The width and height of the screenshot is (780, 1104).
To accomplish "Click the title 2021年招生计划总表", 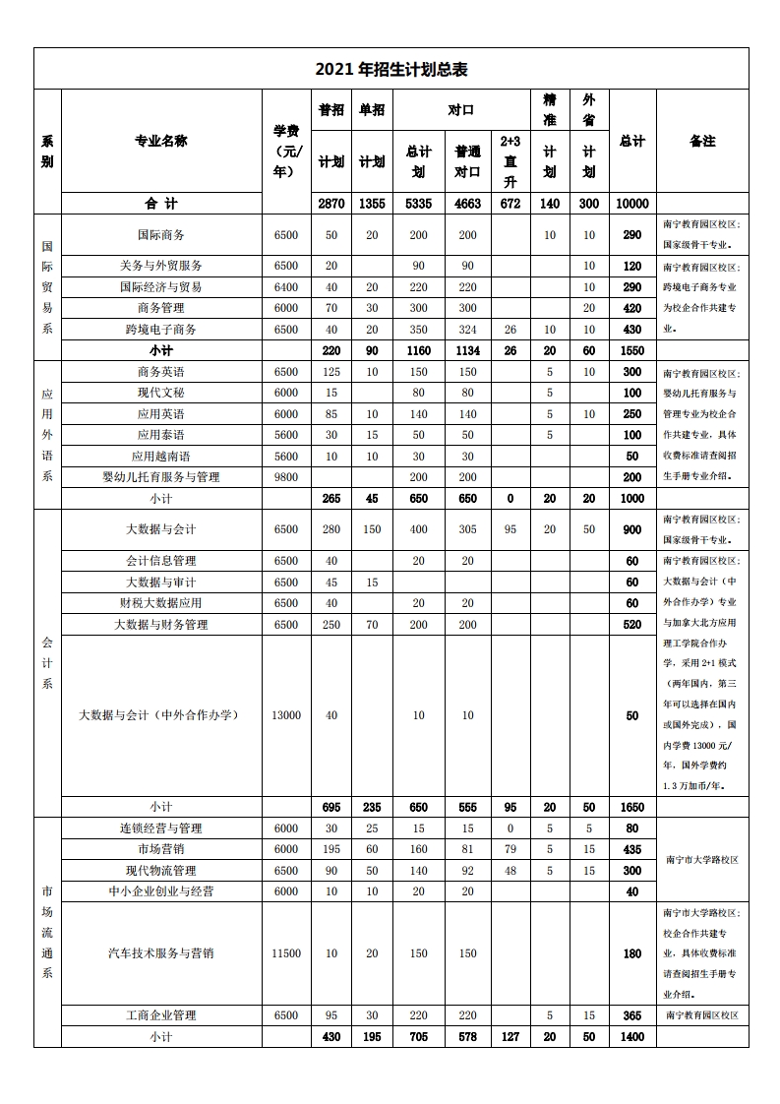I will [x=390, y=69].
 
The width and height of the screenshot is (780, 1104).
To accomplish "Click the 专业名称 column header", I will [x=161, y=141].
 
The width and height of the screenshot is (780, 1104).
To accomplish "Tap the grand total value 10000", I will [x=631, y=204].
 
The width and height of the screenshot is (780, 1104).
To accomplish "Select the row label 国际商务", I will [x=161, y=235].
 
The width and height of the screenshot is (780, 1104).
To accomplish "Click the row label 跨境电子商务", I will [x=161, y=330].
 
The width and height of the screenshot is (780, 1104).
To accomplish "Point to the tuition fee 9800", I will [x=285, y=477].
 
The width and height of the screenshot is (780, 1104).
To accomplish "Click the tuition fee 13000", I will [x=285, y=715].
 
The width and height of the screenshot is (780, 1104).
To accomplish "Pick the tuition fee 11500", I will [x=285, y=953].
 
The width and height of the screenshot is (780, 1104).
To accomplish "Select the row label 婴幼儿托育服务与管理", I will [x=161, y=477].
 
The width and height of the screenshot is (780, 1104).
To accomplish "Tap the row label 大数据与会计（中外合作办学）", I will [x=161, y=715].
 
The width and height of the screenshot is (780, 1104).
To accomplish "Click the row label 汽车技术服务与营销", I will [x=161, y=953].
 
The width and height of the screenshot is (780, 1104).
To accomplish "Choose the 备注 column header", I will [x=702, y=141].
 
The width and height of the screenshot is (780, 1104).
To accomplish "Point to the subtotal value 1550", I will [x=631, y=351].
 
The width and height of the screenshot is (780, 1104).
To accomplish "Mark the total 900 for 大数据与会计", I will [x=631, y=530].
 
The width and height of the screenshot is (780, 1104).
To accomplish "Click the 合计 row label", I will [x=161, y=204].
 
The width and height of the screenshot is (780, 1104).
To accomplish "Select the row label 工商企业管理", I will [x=161, y=1015].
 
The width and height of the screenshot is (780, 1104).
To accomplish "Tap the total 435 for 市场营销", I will [x=631, y=850].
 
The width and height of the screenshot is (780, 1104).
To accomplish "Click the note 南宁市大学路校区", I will [x=702, y=860].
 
